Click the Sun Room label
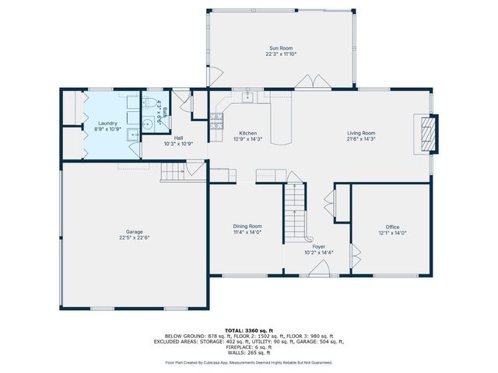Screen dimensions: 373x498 [281, 48]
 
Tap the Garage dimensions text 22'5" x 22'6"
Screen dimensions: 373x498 [135, 238]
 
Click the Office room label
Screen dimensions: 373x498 [392, 227]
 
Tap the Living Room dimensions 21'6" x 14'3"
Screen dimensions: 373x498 [361, 139]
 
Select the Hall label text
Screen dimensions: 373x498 [178, 138]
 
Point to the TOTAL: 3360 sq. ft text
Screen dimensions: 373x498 [248, 331]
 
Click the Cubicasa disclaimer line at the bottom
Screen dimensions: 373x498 [248, 362]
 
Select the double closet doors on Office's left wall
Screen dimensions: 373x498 [355, 253]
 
